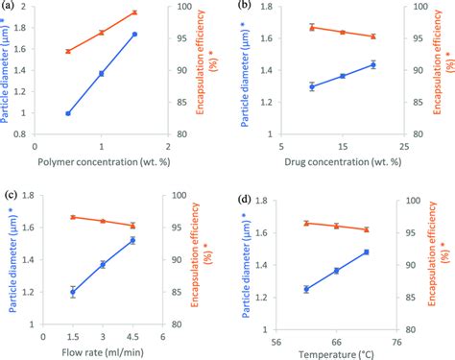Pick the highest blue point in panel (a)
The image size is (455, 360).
click(134, 35)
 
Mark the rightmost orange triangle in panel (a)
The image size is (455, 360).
click(134, 12)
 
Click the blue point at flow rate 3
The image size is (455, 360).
click(103, 264)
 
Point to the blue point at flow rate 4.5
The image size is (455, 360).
click(133, 240)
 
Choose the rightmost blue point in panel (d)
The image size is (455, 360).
click(367, 252)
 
